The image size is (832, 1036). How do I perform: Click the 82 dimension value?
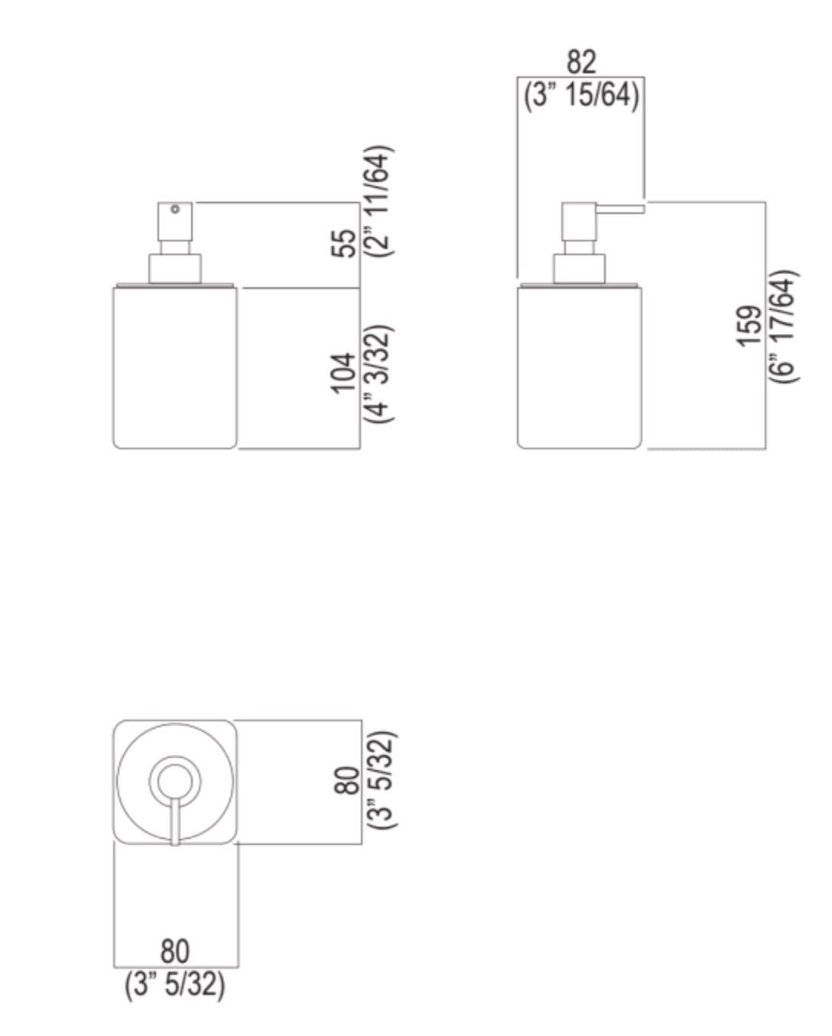581,62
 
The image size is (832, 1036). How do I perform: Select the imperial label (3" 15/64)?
581,96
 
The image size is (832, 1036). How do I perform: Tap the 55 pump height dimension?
346,244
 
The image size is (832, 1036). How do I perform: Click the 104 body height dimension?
344,373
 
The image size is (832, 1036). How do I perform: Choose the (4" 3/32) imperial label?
380,374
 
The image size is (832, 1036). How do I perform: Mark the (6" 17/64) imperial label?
784,326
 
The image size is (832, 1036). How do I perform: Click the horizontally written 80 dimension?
175,951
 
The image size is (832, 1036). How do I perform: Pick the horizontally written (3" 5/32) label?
175,985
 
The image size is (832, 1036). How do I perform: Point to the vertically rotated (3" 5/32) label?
382,780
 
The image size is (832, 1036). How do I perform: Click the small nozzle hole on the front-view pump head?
175,209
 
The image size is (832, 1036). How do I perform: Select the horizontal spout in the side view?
620,208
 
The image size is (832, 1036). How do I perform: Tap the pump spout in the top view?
175,821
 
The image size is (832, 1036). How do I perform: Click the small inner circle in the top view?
175,780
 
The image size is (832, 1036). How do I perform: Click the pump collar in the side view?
580,269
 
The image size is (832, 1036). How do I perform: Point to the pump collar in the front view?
175,269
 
